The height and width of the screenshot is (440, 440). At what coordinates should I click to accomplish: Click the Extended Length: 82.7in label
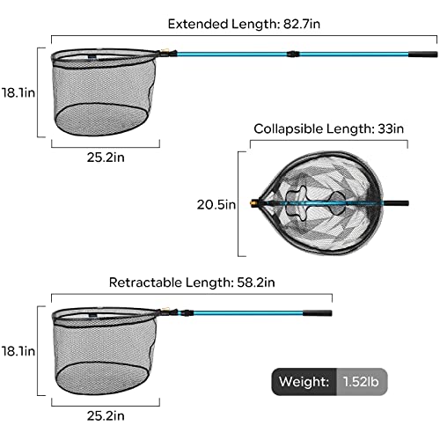[244, 24]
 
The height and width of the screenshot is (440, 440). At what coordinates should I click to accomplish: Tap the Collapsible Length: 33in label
[328, 128]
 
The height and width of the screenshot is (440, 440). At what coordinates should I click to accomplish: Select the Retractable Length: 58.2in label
[192, 282]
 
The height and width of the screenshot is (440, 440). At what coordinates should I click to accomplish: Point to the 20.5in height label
[216, 204]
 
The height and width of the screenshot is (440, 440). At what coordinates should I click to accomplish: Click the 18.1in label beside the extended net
[18, 92]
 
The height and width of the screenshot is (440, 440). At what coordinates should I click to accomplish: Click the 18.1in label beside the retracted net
[18, 351]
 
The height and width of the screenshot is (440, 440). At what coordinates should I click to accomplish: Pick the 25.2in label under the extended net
[106, 158]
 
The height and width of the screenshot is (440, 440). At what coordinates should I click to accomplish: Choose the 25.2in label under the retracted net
[106, 416]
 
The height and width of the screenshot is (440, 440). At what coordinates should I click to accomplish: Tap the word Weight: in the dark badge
[304, 382]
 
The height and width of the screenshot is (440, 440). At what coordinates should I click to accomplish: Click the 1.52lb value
[361, 382]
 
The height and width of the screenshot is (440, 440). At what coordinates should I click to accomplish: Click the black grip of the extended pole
[423, 55]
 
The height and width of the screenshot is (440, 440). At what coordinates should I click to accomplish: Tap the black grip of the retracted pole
[318, 313]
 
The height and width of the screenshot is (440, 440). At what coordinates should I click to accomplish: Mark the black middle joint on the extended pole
[293, 54]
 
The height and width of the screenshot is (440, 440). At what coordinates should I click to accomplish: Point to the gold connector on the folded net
[253, 202]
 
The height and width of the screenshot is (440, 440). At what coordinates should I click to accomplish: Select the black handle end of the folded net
[396, 203]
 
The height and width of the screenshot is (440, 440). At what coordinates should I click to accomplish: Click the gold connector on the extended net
[165, 53]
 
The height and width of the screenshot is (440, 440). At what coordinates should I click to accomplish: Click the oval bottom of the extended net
[102, 120]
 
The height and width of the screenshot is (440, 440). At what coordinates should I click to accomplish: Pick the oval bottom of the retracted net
[102, 378]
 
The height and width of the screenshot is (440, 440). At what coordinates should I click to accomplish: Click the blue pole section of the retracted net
[248, 313]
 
